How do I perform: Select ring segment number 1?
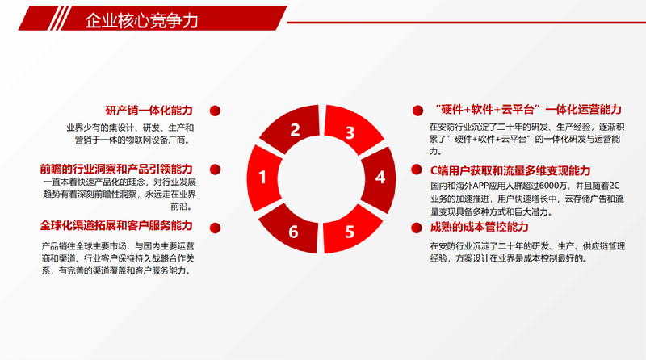(x=264, y=178)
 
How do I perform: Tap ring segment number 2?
(x=292, y=128)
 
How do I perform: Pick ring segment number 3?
(x=352, y=128)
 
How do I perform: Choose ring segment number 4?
(x=380, y=179)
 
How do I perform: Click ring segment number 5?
(x=351, y=230)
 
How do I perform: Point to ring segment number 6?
(x=292, y=230)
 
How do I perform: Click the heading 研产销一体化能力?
(x=149, y=111)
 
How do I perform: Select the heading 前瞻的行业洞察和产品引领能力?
(x=116, y=169)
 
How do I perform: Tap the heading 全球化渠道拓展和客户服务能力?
(x=116, y=226)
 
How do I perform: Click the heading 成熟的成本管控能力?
(x=479, y=227)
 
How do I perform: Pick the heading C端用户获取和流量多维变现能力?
(x=510, y=170)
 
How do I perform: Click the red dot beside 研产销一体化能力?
(x=215, y=111)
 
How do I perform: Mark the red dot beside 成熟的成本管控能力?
(x=417, y=228)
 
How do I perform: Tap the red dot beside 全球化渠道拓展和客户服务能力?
(x=215, y=228)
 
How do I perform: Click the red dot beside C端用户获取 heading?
(x=417, y=170)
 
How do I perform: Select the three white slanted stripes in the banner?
(x=60, y=18)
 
